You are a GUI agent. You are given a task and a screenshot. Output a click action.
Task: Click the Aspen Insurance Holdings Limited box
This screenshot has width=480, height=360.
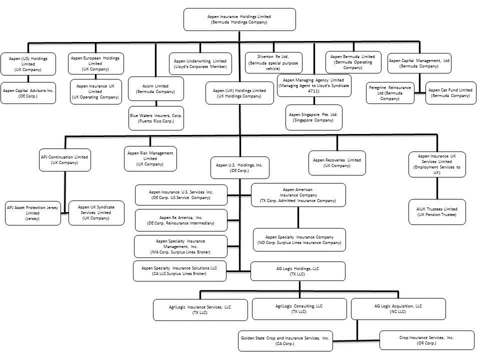tap(239, 19)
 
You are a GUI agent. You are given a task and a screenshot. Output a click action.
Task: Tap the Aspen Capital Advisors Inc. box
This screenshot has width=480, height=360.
tap(28, 93)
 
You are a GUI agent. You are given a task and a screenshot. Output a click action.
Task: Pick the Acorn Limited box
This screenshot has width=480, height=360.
tap(155, 89)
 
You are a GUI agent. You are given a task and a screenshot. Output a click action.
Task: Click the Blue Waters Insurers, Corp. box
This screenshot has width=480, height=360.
tap(156, 118)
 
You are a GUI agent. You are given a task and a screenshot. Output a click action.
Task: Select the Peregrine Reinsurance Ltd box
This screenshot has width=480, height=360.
tap(390, 93)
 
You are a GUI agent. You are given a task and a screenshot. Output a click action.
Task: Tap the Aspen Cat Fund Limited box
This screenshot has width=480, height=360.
tap(450, 93)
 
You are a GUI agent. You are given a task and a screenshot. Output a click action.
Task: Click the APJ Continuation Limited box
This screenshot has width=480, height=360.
tap(64, 159)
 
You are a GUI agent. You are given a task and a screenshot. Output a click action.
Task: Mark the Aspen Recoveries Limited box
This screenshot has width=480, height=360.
tap(336, 162)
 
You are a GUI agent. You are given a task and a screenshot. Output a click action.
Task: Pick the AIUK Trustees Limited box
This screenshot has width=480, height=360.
tap(437, 212)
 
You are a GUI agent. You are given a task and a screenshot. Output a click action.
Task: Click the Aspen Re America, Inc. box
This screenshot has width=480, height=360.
tap(180, 220)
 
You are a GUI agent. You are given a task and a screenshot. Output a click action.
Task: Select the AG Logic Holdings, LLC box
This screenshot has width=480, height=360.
tap(297, 271)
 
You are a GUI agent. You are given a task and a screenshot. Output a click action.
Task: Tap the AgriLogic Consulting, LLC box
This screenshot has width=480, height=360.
tap(299, 308)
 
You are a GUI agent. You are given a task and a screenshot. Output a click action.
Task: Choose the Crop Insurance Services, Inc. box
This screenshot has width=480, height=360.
tap(426, 340)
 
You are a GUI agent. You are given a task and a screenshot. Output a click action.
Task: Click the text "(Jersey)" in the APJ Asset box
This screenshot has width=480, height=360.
tap(32, 218)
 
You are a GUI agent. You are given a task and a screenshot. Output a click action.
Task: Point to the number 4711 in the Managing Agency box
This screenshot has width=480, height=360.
tap(313, 91)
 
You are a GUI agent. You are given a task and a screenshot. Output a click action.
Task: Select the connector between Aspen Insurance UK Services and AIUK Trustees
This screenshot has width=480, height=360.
tap(437, 188)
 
